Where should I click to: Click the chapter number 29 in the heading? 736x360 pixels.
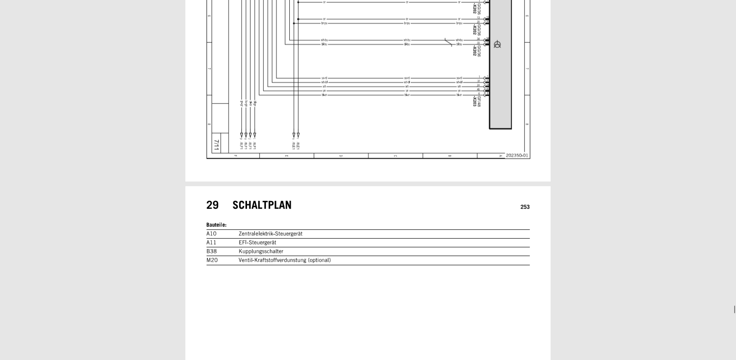(212, 205)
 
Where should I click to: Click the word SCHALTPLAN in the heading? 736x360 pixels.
(262, 205)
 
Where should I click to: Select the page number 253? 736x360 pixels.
(525, 207)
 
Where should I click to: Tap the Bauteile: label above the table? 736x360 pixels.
(216, 225)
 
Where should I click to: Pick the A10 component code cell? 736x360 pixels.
(211, 234)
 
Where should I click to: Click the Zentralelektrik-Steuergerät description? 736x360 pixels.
(270, 234)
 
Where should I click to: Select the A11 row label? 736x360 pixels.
(211, 242)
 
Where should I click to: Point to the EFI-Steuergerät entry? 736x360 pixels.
(257, 242)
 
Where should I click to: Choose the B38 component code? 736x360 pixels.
(211, 251)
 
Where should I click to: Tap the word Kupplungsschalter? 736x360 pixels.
(261, 251)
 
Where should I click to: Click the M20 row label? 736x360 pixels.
(212, 260)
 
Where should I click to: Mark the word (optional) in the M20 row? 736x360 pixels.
(319, 260)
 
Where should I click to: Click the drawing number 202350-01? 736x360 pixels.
(517, 155)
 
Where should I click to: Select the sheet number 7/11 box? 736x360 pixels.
(216, 145)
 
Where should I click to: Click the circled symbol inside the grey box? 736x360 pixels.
(497, 45)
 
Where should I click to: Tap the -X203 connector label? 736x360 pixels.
(474, 101)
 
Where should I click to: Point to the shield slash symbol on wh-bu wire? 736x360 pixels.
(448, 42)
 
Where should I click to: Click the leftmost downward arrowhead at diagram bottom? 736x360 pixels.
(241, 136)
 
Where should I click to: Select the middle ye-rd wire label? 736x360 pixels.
(407, 78)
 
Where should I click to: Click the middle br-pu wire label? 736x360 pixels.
(407, 23)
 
